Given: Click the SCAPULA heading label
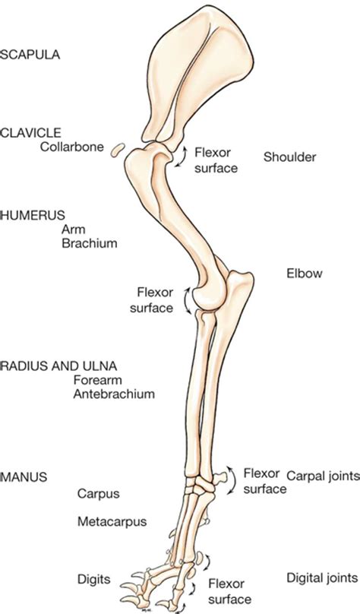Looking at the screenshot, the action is point(30,55).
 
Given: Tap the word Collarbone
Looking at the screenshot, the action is point(72,147).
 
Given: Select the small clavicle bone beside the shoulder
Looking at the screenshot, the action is point(118,150).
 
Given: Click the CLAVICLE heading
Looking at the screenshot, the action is point(31,133).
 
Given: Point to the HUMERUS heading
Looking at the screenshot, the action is point(33,215).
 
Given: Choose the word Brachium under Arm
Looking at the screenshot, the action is point(90,243).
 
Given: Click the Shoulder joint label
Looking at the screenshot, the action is point(289,157).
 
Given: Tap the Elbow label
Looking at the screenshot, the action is point(305,273).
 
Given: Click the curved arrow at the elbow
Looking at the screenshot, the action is point(187,299).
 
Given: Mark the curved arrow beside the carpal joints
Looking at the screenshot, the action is point(234,479).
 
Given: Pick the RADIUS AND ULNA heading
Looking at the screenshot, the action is point(59,366).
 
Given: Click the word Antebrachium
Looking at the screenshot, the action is point(114,394).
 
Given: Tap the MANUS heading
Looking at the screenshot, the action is point(24,477).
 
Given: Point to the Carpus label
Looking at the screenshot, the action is point(98,493).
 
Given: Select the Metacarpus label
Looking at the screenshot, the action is point(112,521).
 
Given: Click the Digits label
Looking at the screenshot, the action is point(94,579).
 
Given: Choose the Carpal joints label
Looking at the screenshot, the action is point(323,476).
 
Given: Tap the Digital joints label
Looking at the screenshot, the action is point(322,578).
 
